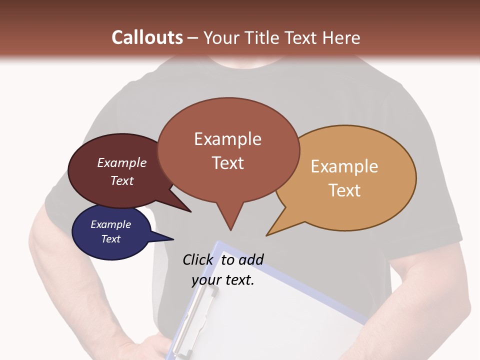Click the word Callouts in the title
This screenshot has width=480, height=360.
[147, 37]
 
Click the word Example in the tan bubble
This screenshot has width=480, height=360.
[344, 166]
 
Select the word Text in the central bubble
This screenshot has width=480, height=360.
[228, 163]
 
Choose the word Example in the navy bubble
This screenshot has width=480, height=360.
[110, 224]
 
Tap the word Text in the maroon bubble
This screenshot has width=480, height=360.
[122, 180]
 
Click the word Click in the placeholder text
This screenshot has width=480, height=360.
[198, 259]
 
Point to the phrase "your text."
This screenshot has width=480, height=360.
[223, 280]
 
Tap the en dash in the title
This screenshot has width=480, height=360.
[193, 38]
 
